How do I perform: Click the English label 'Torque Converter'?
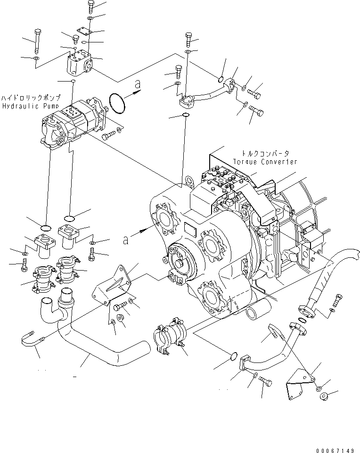[x=265, y=162]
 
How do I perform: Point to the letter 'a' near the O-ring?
[x=137, y=85]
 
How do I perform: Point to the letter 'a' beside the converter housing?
[x=125, y=240]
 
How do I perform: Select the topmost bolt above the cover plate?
[x=90, y=6]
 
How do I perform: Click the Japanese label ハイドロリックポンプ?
[x=31, y=98]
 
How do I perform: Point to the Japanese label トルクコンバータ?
[x=265, y=154]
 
